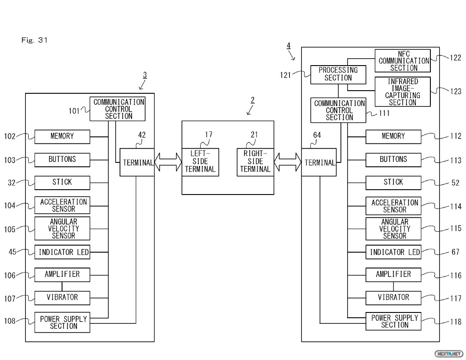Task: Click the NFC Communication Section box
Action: (x=402, y=61)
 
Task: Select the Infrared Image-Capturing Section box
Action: (x=402, y=92)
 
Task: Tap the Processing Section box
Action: (x=338, y=74)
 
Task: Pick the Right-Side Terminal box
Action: (x=255, y=162)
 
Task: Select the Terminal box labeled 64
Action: (x=319, y=162)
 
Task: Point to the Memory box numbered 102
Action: (x=62, y=136)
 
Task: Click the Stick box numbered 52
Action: (x=393, y=182)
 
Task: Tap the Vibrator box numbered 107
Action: (x=62, y=298)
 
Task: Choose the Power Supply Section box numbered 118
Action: (x=393, y=321)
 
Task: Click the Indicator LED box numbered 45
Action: (x=62, y=252)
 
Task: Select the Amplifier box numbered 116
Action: (x=393, y=275)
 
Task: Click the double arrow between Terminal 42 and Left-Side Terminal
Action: (x=168, y=162)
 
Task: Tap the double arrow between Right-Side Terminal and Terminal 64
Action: (x=287, y=162)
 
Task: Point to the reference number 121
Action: (x=285, y=75)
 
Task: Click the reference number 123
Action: (x=455, y=92)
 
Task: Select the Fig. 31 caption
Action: (x=34, y=40)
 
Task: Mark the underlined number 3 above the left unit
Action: (x=145, y=75)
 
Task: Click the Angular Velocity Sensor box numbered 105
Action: (x=62, y=229)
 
